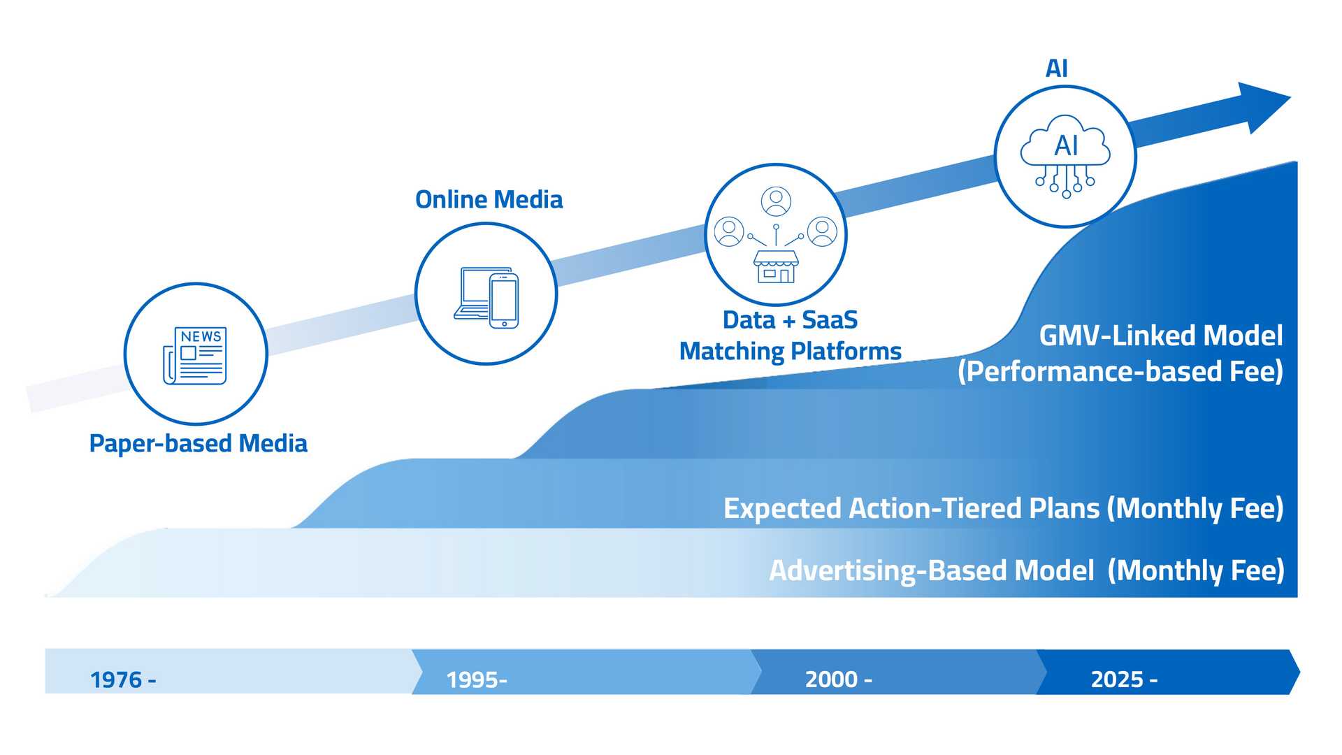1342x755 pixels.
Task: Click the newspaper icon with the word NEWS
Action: click(195, 355)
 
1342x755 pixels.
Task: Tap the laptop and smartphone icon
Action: click(486, 296)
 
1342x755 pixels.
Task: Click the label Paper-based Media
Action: click(199, 443)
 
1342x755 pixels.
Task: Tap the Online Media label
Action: click(489, 200)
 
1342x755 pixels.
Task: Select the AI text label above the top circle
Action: click(1056, 69)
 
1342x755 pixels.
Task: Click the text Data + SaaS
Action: click(790, 320)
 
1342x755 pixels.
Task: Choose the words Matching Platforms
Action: click(790, 351)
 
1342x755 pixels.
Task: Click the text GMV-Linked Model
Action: click(1160, 336)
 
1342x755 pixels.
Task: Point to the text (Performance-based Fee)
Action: click(1120, 371)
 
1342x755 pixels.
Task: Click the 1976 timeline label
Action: click(123, 679)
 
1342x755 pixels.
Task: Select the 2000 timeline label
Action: click(838, 679)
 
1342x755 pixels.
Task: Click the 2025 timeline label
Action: click(1124, 679)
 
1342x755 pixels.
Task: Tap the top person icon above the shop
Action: click(776, 202)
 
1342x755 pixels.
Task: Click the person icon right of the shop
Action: click(822, 232)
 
